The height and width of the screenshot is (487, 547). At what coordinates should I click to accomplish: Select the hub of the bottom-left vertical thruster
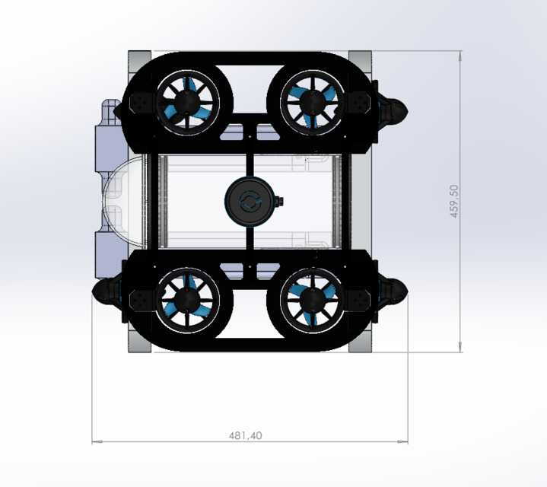point(186,302)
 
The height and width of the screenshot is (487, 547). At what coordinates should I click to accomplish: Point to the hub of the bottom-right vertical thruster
point(310,302)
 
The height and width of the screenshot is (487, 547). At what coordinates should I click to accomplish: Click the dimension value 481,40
point(246,436)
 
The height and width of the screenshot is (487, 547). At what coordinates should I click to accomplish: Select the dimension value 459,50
point(455,200)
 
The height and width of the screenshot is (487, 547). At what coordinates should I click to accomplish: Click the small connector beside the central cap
point(279,202)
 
